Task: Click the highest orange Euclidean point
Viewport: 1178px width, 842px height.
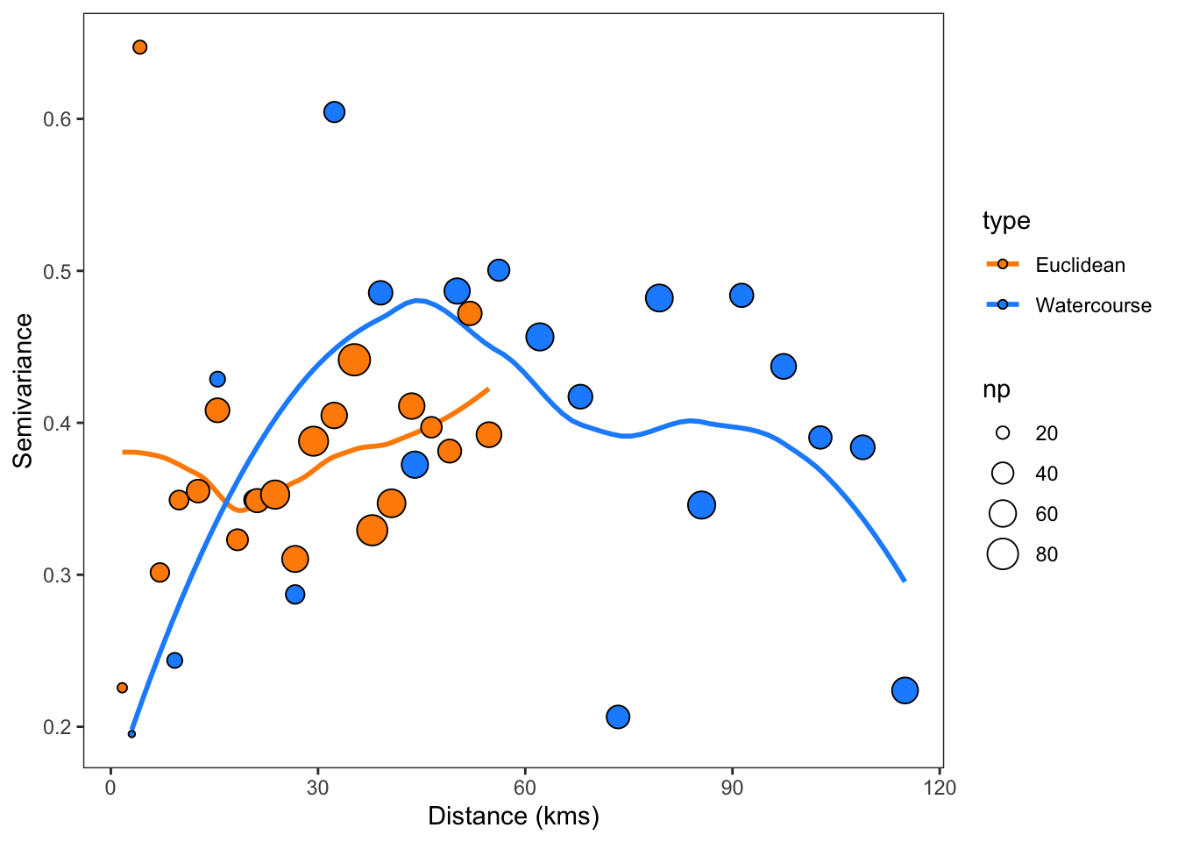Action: (139, 47)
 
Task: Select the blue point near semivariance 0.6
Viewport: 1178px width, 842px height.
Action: (334, 112)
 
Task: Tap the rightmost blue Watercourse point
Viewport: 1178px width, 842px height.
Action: (905, 690)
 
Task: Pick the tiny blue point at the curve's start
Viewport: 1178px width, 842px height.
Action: (131, 733)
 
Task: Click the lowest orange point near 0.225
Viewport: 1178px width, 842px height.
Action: (122, 688)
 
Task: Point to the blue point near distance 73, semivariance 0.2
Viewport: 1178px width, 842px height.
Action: (618, 717)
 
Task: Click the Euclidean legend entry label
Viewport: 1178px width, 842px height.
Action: (1080, 265)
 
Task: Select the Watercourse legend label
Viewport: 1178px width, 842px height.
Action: (1093, 305)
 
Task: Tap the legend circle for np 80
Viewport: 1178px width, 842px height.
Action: (1003, 554)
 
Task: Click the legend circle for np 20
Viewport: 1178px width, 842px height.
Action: (1003, 433)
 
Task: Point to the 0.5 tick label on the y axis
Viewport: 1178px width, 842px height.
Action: (57, 271)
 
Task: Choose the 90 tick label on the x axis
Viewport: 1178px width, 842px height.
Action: (732, 788)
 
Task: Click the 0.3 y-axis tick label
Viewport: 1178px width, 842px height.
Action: (57, 575)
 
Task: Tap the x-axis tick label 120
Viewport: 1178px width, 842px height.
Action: (940, 788)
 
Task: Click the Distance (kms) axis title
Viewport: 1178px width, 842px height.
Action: (514, 817)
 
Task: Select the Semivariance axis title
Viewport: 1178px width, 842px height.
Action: (24, 390)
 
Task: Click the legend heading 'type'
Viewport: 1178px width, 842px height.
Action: (1006, 221)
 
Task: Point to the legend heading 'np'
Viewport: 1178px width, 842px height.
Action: (997, 389)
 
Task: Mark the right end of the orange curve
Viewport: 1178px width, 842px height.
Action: (487, 389)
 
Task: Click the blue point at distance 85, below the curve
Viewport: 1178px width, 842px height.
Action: (701, 504)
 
